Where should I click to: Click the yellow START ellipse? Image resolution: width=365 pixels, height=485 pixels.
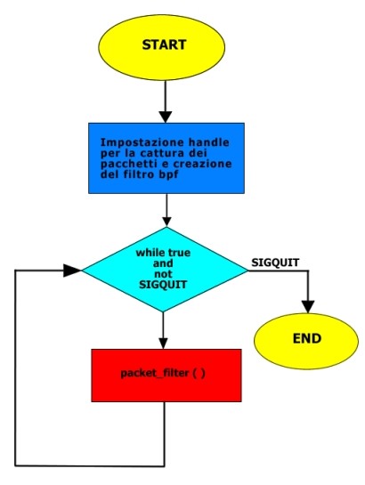[x=161, y=46]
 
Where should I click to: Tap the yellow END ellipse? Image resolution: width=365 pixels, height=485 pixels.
[x=306, y=341]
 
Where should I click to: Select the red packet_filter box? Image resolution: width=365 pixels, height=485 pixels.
[x=166, y=376]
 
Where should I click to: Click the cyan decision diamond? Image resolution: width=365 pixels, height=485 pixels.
[x=165, y=270]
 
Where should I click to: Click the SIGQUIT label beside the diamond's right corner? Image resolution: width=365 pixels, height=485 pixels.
[x=275, y=263]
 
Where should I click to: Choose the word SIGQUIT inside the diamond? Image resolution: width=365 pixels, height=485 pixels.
[x=163, y=285]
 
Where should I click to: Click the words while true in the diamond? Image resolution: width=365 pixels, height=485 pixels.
[x=163, y=253]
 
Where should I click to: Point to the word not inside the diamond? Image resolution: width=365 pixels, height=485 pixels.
[x=163, y=274]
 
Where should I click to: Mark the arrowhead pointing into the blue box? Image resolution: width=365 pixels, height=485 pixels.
[x=166, y=117]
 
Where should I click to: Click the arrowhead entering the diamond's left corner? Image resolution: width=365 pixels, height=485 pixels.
[x=72, y=271]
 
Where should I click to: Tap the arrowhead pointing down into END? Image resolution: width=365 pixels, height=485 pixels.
[x=308, y=307]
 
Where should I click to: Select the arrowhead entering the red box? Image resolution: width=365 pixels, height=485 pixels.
[x=163, y=344]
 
